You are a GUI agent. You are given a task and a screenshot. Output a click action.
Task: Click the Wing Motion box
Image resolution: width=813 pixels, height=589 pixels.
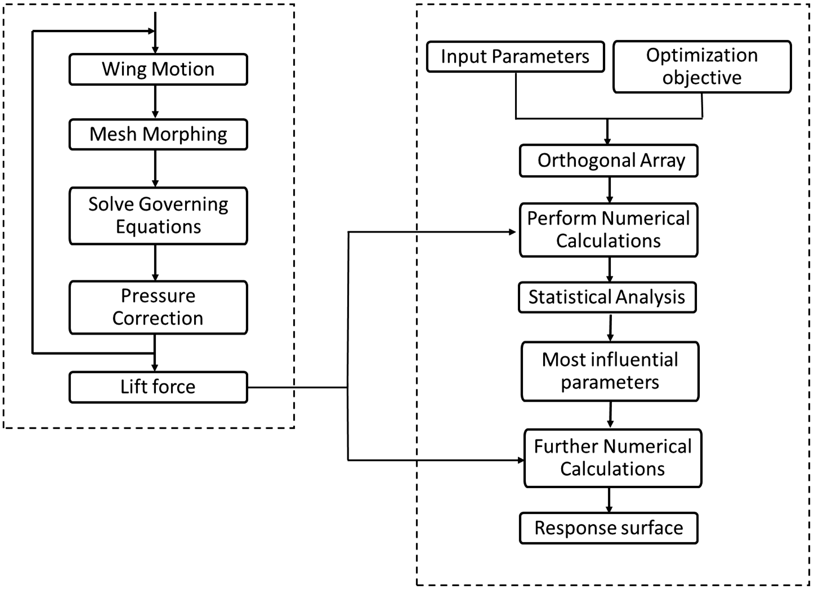pyautogui.click(x=158, y=69)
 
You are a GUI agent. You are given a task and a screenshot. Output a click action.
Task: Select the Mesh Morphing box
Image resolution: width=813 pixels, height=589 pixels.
pyautogui.click(x=158, y=134)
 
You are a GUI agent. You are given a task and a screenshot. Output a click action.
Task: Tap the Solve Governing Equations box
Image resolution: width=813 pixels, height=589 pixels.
pyautogui.click(x=158, y=216)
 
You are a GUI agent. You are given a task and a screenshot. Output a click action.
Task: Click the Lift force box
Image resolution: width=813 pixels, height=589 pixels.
pyautogui.click(x=158, y=387)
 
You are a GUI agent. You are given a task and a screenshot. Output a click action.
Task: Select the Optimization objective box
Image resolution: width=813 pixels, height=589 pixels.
pyautogui.click(x=702, y=67)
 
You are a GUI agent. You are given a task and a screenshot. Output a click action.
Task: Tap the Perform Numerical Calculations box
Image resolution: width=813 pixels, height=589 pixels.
pyautogui.click(x=609, y=230)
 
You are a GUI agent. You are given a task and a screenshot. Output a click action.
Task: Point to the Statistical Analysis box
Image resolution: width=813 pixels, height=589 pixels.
pyautogui.click(x=607, y=297)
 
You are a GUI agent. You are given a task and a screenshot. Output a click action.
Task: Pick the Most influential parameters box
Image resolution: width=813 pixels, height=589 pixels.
pyautogui.click(x=610, y=371)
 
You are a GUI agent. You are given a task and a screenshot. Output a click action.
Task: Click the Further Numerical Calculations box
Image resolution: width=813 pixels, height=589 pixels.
pyautogui.click(x=613, y=458)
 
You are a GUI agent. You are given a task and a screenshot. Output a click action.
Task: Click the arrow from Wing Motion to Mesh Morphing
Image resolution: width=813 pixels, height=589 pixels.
pyautogui.click(x=155, y=102)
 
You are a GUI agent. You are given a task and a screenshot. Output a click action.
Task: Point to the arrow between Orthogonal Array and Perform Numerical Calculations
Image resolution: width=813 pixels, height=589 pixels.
pyautogui.click(x=609, y=190)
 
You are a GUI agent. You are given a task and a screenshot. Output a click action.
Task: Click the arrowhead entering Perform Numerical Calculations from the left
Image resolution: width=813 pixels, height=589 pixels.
pyautogui.click(x=512, y=232)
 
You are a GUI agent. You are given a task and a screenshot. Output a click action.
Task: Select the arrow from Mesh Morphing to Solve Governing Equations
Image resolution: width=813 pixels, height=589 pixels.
pyautogui.click(x=155, y=169)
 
